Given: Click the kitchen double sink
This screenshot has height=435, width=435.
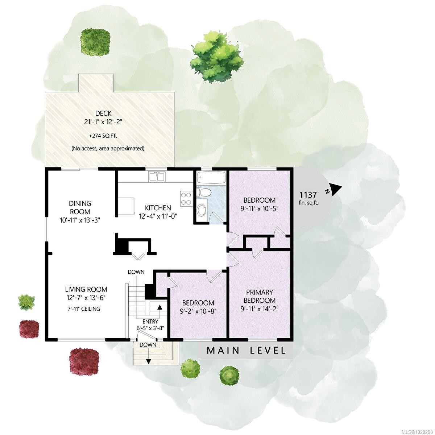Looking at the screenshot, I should tap(157, 177).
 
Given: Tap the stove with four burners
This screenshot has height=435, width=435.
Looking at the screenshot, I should tap(186, 198).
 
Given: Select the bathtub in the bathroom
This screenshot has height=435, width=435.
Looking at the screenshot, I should tap(211, 178).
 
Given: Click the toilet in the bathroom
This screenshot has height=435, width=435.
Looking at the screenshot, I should tap(205, 192).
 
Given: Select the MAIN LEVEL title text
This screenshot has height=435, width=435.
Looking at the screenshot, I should tap(246, 351).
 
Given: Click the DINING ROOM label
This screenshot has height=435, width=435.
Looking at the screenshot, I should tap(80, 207).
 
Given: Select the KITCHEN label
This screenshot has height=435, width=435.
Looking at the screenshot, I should tap(158, 208).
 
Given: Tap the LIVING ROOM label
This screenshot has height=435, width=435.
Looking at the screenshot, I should tap(86, 289).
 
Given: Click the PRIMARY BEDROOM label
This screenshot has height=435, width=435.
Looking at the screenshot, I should tap(259, 296).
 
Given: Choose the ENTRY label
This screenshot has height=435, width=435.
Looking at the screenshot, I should tap(150, 322).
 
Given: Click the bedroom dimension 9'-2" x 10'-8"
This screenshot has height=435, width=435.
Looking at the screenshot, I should tap(198, 311).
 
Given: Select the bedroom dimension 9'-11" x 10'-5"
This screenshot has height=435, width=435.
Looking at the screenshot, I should tap(259, 208).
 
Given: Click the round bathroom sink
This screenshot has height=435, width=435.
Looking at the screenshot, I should tap(202, 210).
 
